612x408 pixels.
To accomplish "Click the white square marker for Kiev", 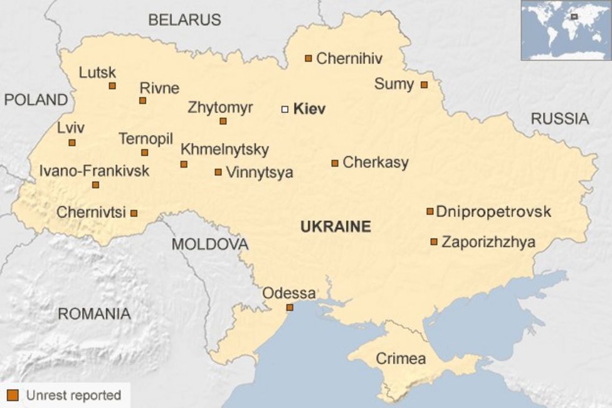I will pos(285,109).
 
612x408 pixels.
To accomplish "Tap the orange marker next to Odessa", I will pos(290,308).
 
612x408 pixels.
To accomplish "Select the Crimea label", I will pos(401,359).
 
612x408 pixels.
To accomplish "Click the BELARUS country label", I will pos(184,20).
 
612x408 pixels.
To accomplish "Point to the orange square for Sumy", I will pos(424,85).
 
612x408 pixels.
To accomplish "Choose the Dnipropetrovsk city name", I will pos(493,212).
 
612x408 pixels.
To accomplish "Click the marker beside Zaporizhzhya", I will pos(434,242).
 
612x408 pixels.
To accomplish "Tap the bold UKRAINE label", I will pos(335,227).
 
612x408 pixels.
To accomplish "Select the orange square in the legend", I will pos(13,395).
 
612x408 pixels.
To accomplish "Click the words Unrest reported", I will pos(73,395).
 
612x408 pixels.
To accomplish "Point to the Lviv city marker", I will pos(72,142).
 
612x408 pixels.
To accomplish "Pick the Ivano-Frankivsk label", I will pos(94,171).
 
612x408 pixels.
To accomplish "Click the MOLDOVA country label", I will pos(209,244).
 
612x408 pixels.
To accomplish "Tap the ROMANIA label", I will pos(94,314).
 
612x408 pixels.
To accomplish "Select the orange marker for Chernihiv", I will pos(309,58).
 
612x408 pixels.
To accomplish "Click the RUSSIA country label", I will pos(559,119).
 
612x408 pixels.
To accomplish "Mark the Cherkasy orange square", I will pos(335,163).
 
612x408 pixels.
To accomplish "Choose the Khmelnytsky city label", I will pos(224,149).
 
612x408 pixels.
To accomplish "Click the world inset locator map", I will pos(566,30).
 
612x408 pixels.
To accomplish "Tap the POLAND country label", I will pos(35,100).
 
